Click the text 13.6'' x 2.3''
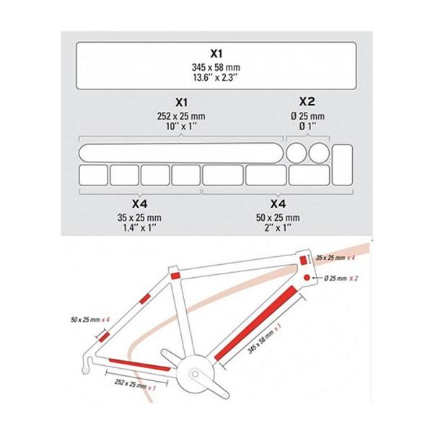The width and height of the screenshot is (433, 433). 216,76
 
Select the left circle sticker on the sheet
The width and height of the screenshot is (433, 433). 297,152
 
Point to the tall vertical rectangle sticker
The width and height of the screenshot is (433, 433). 342,164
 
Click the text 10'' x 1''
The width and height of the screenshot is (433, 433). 182,127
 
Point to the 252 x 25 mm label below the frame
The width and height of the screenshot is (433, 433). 131,385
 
